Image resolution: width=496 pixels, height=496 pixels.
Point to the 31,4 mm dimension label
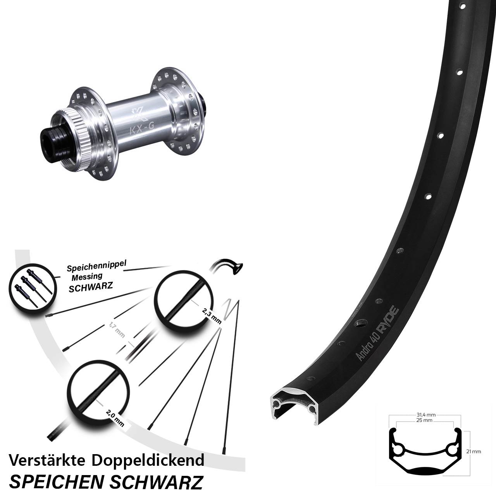point(426,415)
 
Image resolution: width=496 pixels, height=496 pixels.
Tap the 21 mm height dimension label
point(474,451)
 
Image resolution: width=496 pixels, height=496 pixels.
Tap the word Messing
point(87,277)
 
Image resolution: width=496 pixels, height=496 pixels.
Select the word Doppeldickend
point(148,460)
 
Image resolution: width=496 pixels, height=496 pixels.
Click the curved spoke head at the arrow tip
point(237,268)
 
